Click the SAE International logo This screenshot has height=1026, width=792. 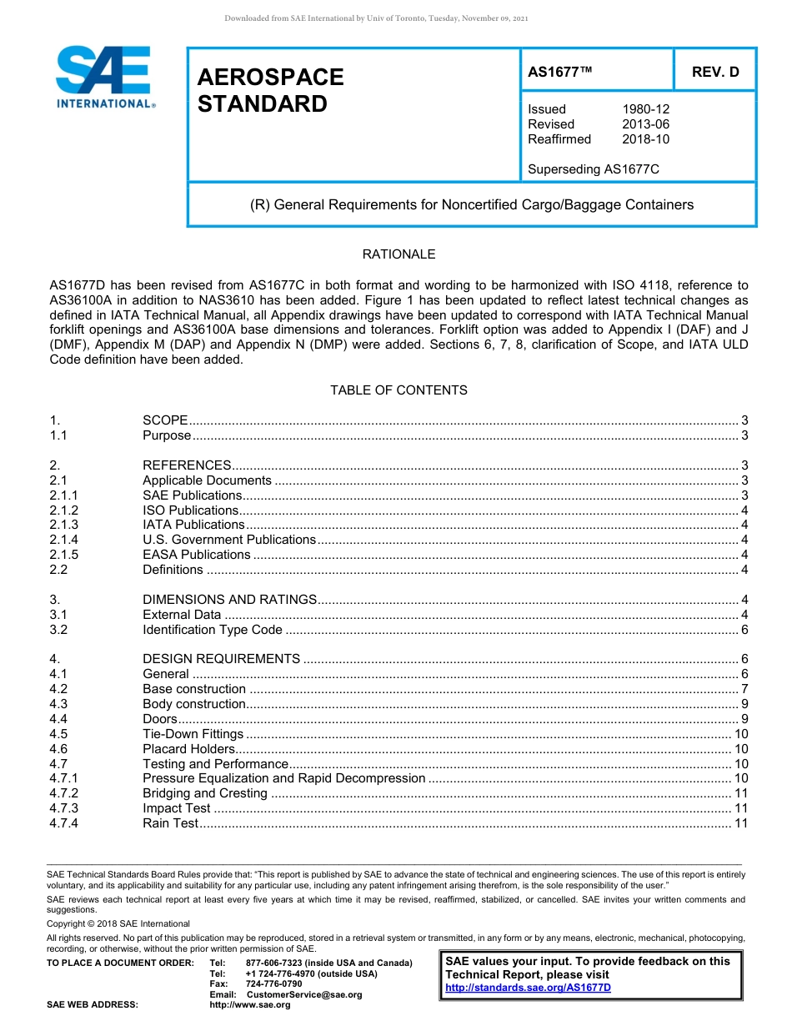pyautogui.click(x=104, y=78)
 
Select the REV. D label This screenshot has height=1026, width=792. pyautogui.click(x=715, y=73)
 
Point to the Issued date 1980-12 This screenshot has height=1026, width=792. pyautogui.click(x=645, y=109)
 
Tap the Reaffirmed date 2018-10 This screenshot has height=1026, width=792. pyautogui.click(x=645, y=139)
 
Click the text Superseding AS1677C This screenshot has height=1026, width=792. pyautogui.click(x=594, y=169)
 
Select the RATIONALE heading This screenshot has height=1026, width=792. pyautogui.click(x=399, y=254)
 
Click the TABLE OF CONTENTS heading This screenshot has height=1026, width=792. pyautogui.click(x=399, y=390)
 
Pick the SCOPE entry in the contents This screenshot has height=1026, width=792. pyautogui.click(x=165, y=420)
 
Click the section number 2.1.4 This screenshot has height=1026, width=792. pyautogui.click(x=63, y=540)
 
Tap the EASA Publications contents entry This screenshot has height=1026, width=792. pyautogui.click(x=196, y=555)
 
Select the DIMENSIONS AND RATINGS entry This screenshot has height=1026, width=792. pyautogui.click(x=229, y=600)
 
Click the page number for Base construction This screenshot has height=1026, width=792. pyautogui.click(x=744, y=689)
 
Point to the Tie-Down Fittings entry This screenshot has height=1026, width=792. pyautogui.click(x=193, y=734)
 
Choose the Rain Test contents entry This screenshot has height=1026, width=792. pyautogui.click(x=170, y=823)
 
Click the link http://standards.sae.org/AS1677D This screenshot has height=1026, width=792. pyautogui.click(x=528, y=988)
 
